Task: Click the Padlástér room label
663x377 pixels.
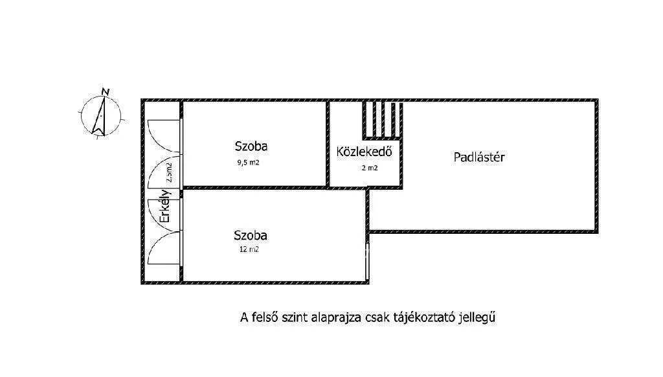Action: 479,157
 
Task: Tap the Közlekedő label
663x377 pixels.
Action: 365,152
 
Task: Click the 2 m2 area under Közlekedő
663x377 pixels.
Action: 370,168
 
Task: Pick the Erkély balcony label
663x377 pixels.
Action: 165,206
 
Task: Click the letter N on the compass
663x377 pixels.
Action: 106,91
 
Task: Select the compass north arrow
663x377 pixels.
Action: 100,116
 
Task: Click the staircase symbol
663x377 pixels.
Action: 382,119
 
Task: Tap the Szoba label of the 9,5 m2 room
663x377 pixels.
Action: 251,147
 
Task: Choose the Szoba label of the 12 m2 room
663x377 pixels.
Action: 251,235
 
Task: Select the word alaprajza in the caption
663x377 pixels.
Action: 331,317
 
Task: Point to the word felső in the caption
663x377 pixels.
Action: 264,317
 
